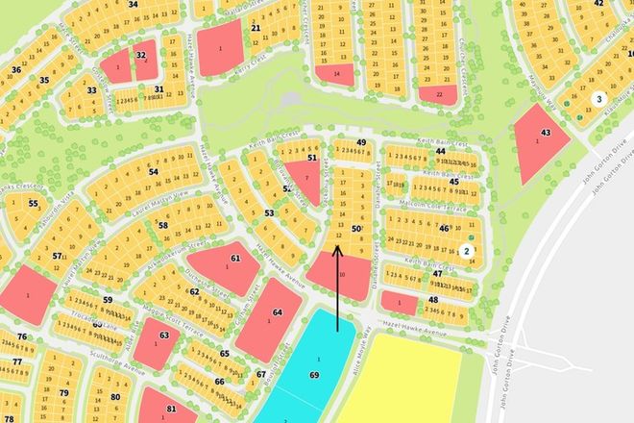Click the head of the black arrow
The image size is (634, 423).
(337, 247)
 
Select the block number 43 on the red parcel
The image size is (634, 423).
(545, 131)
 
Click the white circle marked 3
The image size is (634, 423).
(598, 98)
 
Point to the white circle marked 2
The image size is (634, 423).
(466, 251)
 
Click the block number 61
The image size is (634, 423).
(235, 260)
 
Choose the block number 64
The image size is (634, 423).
(278, 312)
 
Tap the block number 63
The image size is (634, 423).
(164, 336)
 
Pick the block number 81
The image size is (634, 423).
(171, 408)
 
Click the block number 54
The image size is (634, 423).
(154, 171)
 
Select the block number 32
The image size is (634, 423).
(141, 55)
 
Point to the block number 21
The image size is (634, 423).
(256, 28)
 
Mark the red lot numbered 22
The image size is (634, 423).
(439, 94)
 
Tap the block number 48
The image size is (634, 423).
(433, 299)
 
